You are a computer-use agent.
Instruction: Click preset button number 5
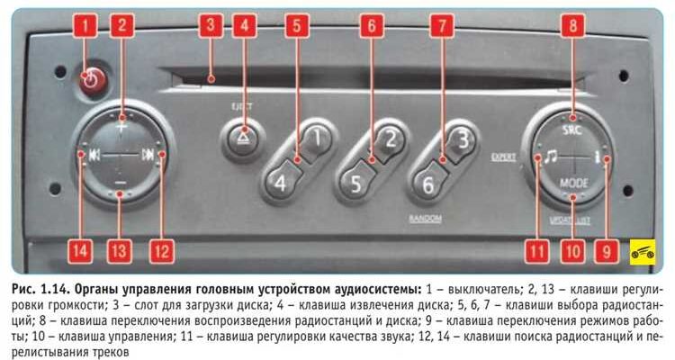356,184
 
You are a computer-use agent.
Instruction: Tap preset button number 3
461,140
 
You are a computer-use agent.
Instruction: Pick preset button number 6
427,184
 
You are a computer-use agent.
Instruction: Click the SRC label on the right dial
572,130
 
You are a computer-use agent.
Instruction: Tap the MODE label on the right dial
574,183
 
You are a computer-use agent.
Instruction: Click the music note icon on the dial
550,156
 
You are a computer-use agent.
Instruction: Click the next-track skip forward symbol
148,155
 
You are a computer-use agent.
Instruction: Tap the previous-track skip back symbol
94,155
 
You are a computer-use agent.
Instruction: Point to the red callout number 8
572,25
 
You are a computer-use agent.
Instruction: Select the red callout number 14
81,251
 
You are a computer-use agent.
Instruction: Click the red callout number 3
211,25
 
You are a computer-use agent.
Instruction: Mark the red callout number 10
573,251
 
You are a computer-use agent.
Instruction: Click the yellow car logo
643,252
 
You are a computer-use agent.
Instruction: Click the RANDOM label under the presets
426,219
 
